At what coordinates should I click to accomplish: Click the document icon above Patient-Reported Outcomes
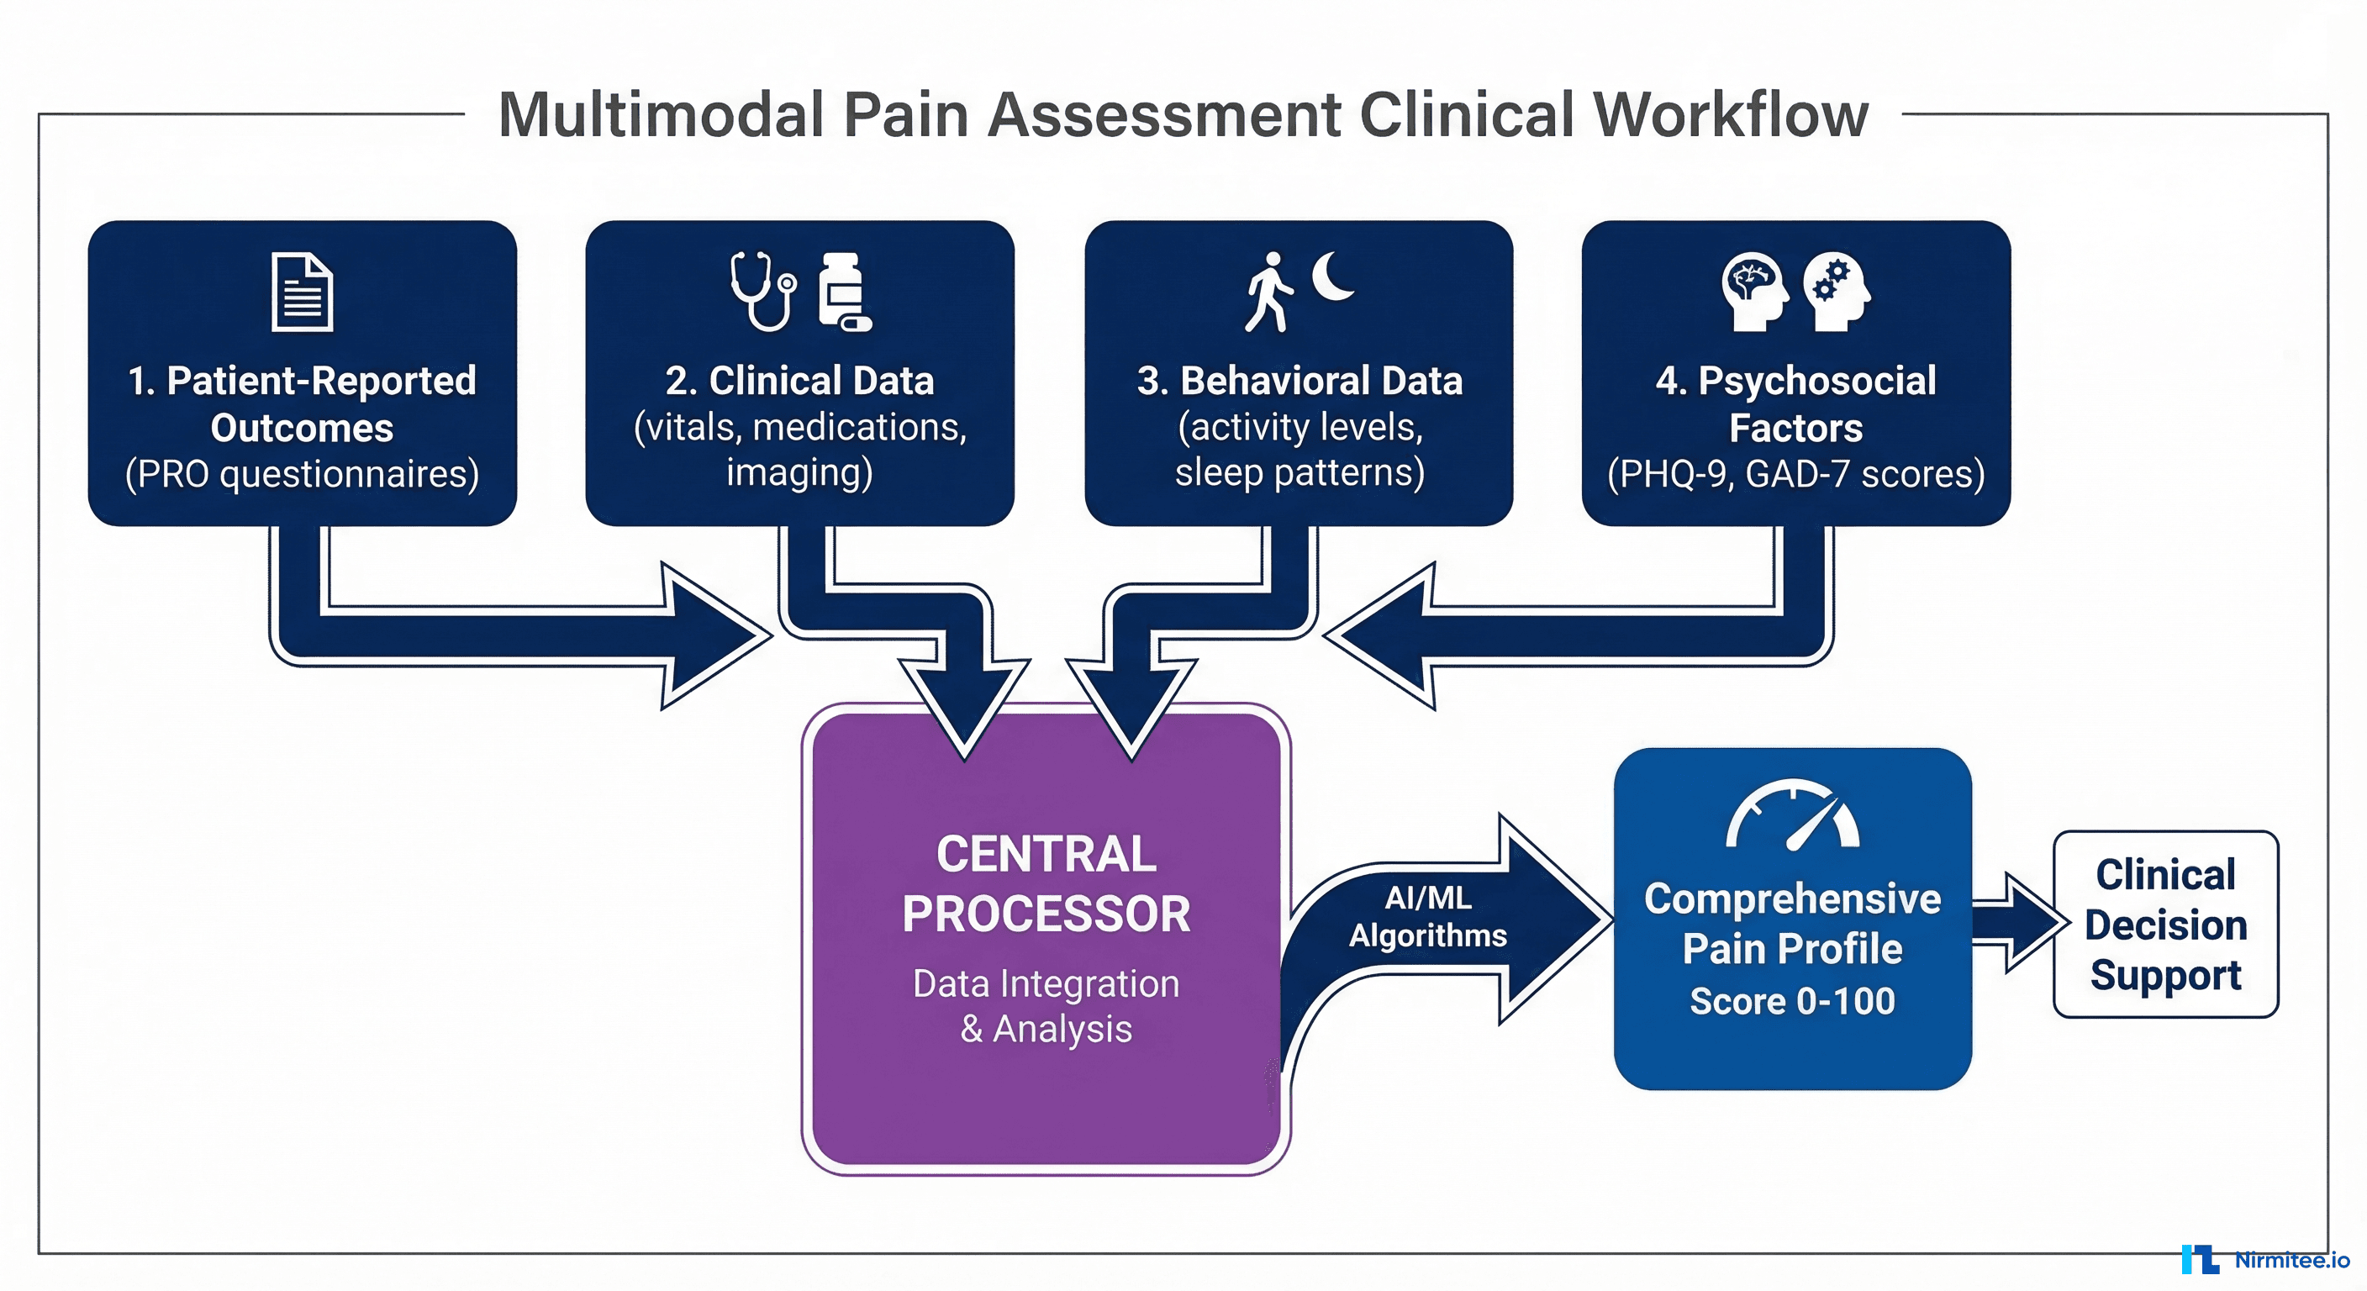pyautogui.click(x=303, y=292)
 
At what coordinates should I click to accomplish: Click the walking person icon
pyautogui.click(x=1269, y=292)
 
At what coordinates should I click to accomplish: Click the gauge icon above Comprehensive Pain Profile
pyautogui.click(x=1793, y=815)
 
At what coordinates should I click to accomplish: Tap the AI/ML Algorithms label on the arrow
pyautogui.click(x=1428, y=916)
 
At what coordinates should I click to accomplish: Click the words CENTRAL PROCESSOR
pyautogui.click(x=1046, y=884)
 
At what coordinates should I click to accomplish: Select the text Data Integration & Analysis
pyautogui.click(x=1046, y=1006)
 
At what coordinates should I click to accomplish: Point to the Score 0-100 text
pyautogui.click(x=1792, y=1001)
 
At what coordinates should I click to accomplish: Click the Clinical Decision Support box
pyautogui.click(x=2166, y=925)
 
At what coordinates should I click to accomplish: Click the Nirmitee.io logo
pyautogui.click(x=2265, y=1260)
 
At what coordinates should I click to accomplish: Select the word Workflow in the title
pyautogui.click(x=1732, y=115)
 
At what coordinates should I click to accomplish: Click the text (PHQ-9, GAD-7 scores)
pyautogui.click(x=1795, y=474)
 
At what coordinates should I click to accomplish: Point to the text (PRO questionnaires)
pyautogui.click(x=303, y=474)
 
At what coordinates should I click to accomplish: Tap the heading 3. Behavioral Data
pyautogui.click(x=1299, y=381)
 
